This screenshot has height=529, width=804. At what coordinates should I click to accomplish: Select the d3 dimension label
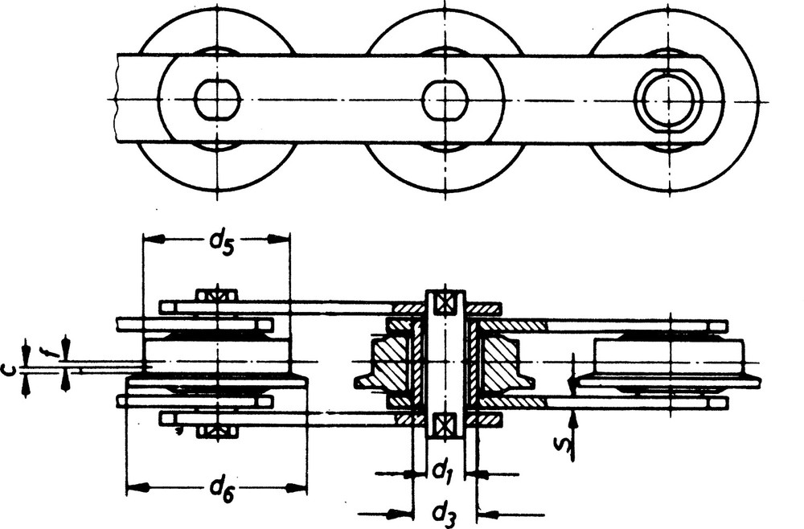coord(444,515)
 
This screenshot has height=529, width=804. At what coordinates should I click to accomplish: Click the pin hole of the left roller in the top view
coord(217,99)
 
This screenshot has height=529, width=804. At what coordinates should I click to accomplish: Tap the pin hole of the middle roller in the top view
coord(445,100)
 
